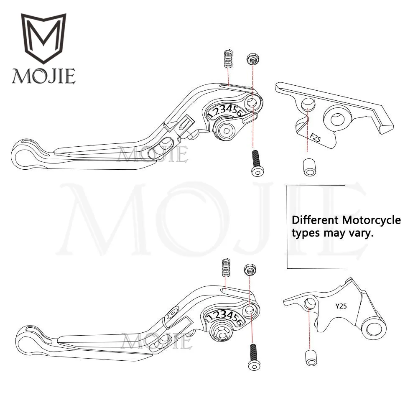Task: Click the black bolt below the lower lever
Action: coord(253,357)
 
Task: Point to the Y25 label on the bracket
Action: coord(341,306)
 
